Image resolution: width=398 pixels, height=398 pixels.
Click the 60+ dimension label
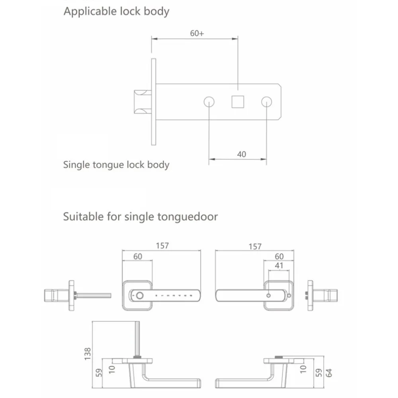(x=197, y=33)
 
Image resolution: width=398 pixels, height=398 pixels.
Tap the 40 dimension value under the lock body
(x=242, y=154)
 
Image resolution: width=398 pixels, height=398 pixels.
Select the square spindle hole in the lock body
(x=238, y=102)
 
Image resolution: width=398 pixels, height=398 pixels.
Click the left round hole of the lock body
(x=209, y=102)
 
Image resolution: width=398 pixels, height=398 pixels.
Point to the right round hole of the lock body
(x=267, y=102)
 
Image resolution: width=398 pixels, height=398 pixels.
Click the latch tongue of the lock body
(x=142, y=102)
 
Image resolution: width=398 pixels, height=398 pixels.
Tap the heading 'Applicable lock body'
(x=117, y=12)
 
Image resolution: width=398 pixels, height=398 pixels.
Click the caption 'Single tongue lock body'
(x=116, y=165)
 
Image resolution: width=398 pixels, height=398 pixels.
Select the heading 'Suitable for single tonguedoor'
(x=140, y=217)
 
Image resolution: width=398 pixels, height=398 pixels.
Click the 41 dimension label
(x=279, y=265)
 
